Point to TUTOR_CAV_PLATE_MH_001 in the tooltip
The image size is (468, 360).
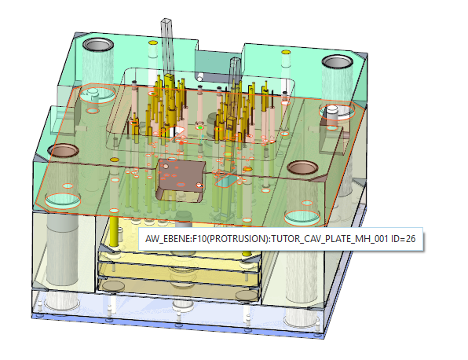(329, 239)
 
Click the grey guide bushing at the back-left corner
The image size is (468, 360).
(98, 45)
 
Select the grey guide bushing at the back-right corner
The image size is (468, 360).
(338, 62)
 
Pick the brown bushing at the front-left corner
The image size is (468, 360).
(63, 150)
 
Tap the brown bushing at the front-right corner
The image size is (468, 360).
(302, 167)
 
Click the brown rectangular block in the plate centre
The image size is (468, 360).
(181, 179)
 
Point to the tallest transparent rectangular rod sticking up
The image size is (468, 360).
(166, 48)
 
